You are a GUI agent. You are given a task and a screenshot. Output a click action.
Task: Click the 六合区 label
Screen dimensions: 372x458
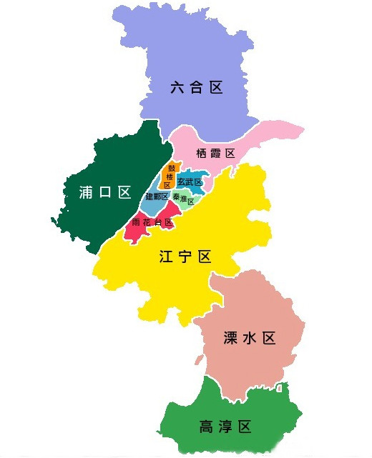pyautogui.click(x=197, y=88)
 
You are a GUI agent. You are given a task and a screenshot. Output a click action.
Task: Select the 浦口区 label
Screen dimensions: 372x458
pyautogui.click(x=105, y=191)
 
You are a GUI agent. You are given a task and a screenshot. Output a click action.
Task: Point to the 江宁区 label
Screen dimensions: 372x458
pyautogui.click(x=185, y=257)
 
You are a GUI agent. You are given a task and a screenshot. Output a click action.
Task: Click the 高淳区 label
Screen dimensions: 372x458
pyautogui.click(x=225, y=427)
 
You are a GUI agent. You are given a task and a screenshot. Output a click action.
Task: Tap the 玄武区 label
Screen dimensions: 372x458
pyautogui.click(x=190, y=182)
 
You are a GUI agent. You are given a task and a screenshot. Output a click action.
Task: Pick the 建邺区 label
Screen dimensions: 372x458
pyautogui.click(x=157, y=196)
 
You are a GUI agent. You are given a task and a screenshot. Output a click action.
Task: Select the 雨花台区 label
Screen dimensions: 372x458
pyautogui.click(x=152, y=222)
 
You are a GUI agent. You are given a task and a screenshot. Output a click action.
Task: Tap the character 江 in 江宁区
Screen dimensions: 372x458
pyautogui.click(x=167, y=257)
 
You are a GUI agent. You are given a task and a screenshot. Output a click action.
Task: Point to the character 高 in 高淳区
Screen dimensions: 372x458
pyautogui.click(x=207, y=427)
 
